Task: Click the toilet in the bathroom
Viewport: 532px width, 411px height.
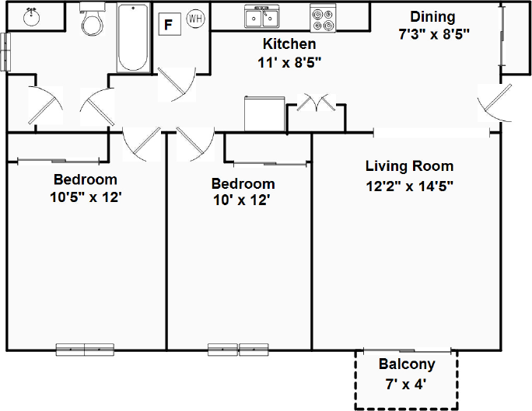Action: click(92, 19)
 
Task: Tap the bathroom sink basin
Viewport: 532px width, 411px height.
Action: click(32, 17)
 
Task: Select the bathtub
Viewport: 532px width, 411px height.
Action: click(133, 37)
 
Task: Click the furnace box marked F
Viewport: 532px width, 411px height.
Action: click(170, 24)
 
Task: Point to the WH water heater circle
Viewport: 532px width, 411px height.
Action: click(195, 19)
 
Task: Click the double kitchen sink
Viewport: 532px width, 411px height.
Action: click(262, 16)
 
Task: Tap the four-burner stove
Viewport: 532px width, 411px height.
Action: click(323, 19)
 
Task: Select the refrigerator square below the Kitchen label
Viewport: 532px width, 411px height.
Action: click(264, 113)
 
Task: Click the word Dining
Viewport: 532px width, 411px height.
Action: click(432, 17)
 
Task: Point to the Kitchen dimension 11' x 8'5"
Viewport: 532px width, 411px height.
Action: click(289, 62)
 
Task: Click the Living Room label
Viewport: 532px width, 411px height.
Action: click(410, 166)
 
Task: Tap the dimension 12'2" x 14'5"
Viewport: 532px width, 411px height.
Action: click(410, 186)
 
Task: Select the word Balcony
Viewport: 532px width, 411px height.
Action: click(407, 364)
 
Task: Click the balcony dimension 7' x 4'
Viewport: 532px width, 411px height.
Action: click(405, 385)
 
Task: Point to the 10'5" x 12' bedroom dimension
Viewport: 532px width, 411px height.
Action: click(86, 197)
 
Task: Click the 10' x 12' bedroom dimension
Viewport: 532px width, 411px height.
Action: click(241, 200)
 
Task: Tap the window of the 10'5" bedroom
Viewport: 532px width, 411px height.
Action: click(85, 350)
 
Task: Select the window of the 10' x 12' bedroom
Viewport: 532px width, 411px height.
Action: click(238, 350)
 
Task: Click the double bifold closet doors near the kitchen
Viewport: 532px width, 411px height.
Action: click(317, 103)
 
